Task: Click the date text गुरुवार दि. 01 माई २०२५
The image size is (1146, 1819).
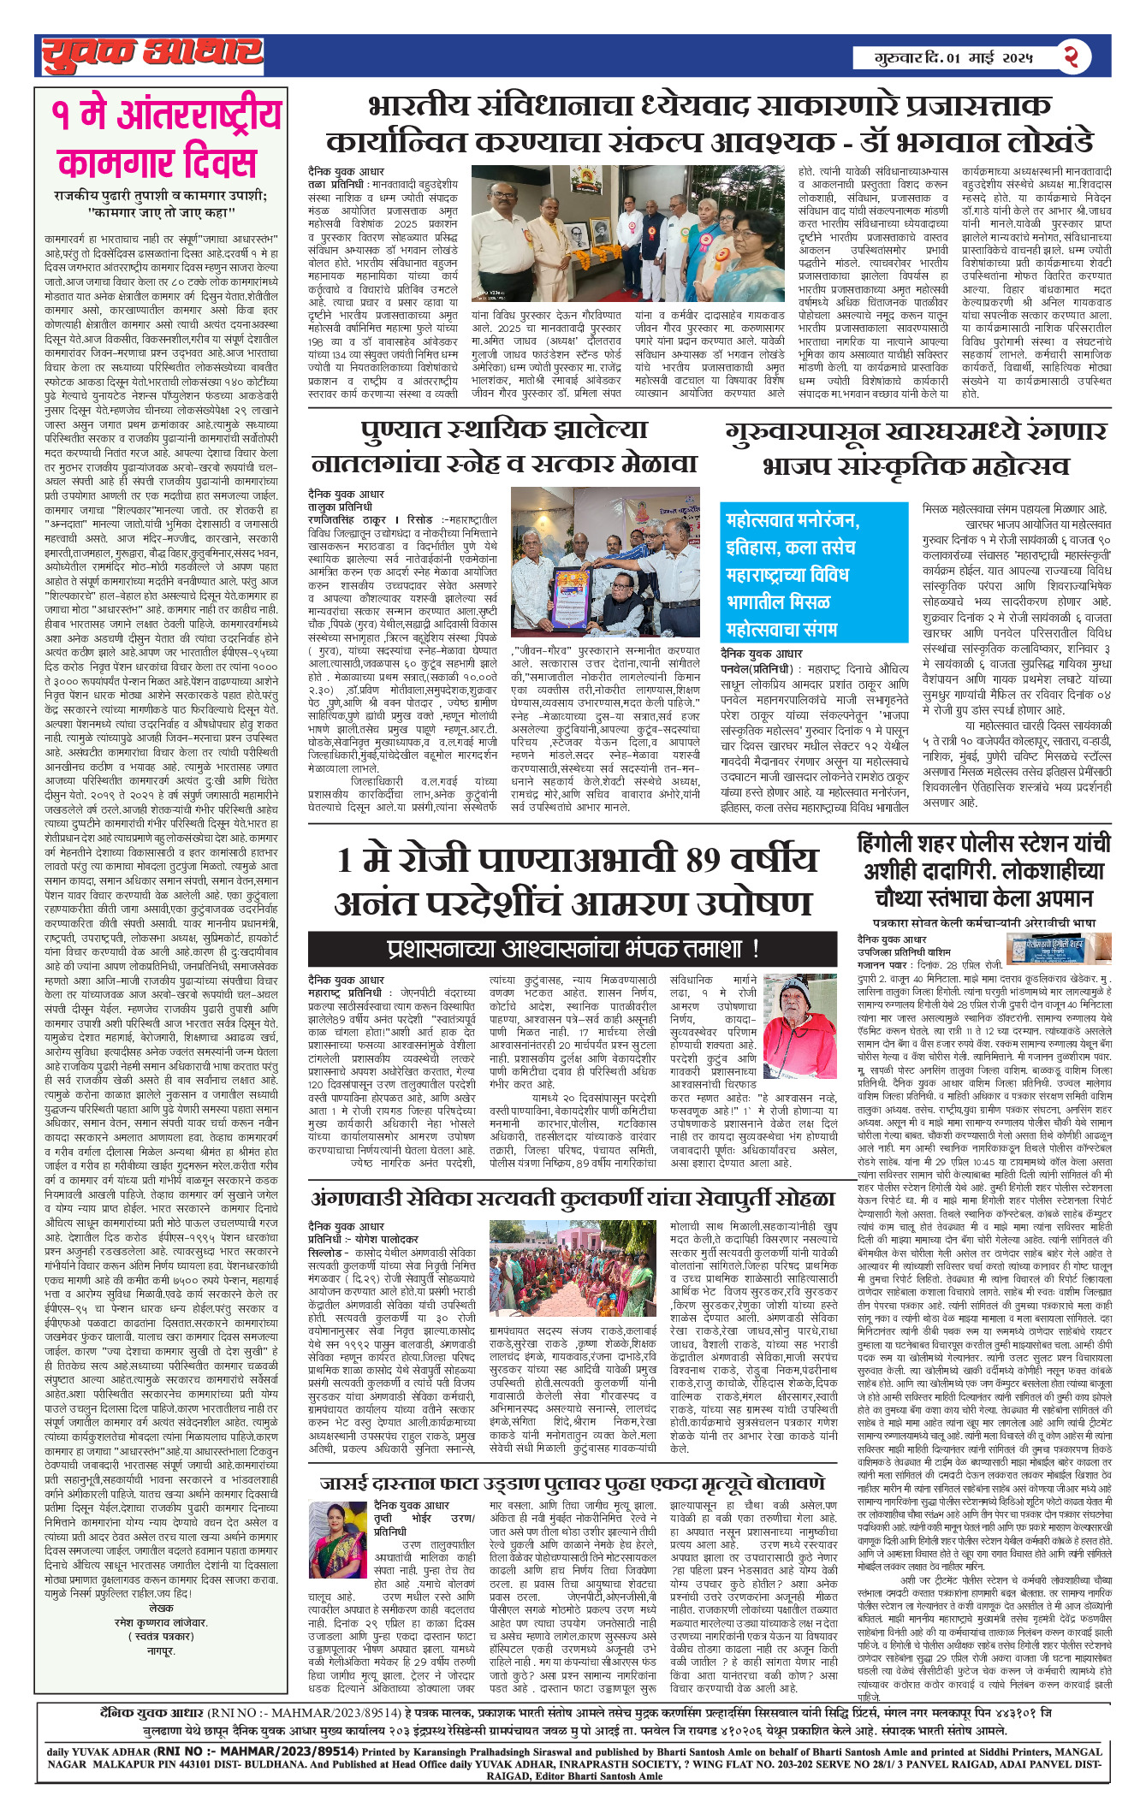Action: pos(953,58)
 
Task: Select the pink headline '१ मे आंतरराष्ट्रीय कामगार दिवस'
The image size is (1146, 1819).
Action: pos(166,139)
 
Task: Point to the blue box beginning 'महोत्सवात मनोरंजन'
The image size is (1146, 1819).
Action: pos(812,562)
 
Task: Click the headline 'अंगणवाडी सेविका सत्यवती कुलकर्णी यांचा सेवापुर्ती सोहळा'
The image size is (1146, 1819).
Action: pos(573,1198)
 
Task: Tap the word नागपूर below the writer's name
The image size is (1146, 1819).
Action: pos(161,1650)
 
